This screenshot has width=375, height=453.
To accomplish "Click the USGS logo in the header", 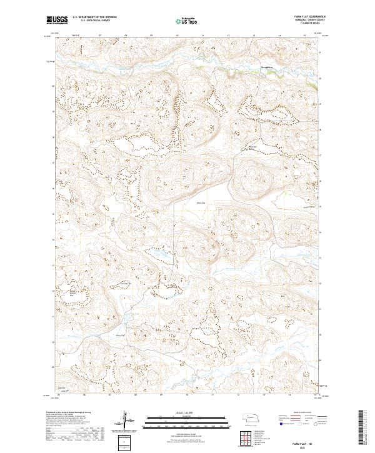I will click(57, 21).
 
